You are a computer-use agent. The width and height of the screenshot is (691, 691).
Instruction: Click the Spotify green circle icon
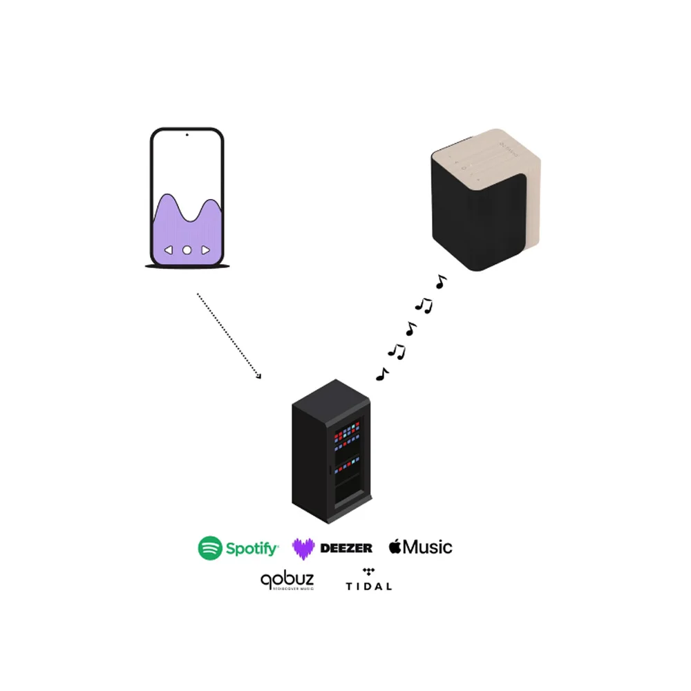(x=210, y=548)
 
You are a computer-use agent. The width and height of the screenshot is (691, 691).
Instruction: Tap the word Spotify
(x=252, y=549)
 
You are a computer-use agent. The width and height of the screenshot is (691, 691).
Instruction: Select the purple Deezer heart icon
(x=303, y=548)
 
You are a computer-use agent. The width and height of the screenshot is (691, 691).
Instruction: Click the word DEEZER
(x=346, y=548)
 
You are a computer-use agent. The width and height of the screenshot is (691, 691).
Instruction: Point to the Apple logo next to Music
(x=395, y=547)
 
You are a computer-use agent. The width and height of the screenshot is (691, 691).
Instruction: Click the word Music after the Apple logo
(x=428, y=547)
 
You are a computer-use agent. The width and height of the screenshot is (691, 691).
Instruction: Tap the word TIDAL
(x=368, y=587)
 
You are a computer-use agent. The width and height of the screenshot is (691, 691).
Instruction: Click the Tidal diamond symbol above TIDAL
(x=368, y=572)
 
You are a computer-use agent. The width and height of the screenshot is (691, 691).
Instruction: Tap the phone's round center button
(x=187, y=250)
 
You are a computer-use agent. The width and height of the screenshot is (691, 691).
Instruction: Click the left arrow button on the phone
(x=168, y=250)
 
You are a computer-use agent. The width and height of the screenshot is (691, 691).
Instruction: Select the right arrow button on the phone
(x=205, y=250)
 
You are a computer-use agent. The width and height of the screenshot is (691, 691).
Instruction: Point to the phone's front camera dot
(x=187, y=135)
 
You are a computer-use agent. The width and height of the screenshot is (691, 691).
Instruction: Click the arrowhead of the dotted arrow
(x=259, y=376)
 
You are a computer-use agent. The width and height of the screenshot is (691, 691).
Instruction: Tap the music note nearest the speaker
(x=440, y=281)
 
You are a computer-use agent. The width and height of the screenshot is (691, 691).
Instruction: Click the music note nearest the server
(x=381, y=374)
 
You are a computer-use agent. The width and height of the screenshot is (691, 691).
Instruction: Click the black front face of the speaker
(x=470, y=221)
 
